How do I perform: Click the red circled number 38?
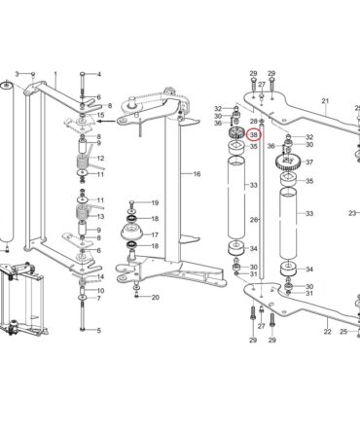pos(254,134)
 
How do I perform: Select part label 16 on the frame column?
pos(197,174)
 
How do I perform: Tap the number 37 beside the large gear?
pos(309,162)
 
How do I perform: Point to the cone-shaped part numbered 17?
pos(133,232)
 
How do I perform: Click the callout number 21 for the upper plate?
pos(325,101)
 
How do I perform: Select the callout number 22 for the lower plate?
pos(327,332)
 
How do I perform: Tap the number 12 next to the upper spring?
pos(100,159)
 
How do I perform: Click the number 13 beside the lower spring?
pos(100,216)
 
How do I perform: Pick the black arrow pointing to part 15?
pos(107,122)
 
